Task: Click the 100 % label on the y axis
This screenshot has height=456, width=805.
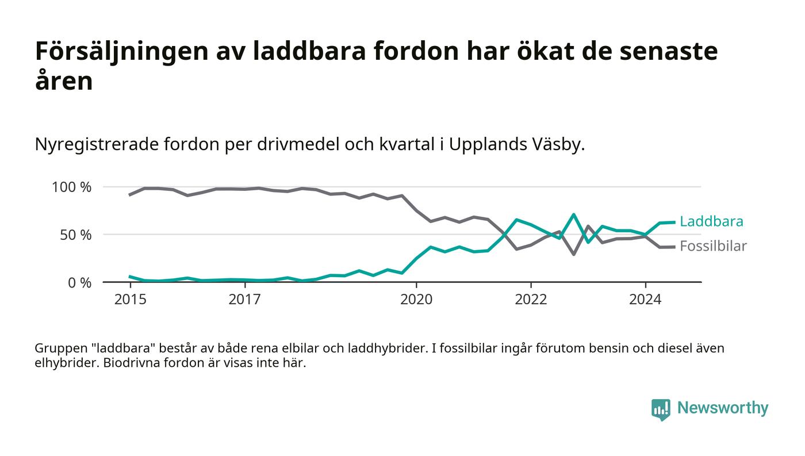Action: click(71, 187)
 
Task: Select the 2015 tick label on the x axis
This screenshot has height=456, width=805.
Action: click(131, 300)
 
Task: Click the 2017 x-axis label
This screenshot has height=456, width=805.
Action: click(245, 300)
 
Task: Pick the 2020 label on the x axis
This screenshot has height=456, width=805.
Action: click(416, 300)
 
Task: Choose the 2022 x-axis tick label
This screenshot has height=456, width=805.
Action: click(531, 300)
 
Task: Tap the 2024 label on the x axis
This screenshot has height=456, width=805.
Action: click(645, 300)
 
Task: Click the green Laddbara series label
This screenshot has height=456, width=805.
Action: click(711, 221)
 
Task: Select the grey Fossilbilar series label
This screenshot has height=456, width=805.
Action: click(713, 246)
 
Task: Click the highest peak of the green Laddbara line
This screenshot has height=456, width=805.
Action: click(573, 214)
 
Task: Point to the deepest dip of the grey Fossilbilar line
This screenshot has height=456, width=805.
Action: click(573, 254)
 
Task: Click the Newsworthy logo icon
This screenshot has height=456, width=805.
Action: click(661, 409)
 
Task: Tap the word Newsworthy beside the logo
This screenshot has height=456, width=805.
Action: click(723, 408)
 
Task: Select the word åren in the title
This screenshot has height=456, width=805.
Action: click(64, 81)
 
